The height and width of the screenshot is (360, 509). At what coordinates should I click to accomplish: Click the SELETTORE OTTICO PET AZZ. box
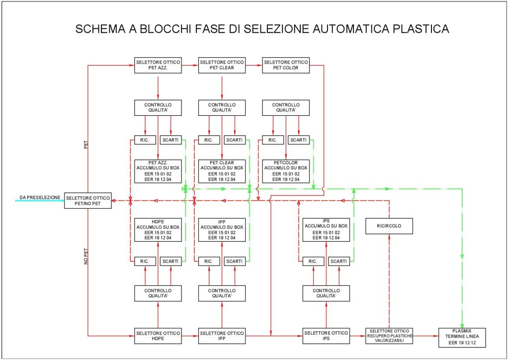[158, 65]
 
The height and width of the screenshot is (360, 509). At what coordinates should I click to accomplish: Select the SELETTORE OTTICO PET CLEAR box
[222, 65]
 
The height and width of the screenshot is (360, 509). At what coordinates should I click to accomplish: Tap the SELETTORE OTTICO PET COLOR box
[285, 65]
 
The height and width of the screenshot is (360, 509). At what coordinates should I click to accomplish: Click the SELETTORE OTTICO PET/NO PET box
[87, 201]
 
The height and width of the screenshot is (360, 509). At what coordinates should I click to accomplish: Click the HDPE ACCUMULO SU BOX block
[158, 230]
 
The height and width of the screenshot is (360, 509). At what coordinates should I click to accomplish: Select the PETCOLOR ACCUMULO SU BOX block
[285, 171]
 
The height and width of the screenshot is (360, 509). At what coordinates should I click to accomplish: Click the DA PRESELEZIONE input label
[40, 197]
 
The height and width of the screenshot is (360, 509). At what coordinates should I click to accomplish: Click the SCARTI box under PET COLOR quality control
[298, 140]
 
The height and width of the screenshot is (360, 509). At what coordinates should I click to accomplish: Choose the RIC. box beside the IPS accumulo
[313, 261]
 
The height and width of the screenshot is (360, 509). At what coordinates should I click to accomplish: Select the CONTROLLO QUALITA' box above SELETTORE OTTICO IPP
[222, 293]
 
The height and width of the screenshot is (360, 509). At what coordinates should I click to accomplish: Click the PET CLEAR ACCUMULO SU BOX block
[222, 171]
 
